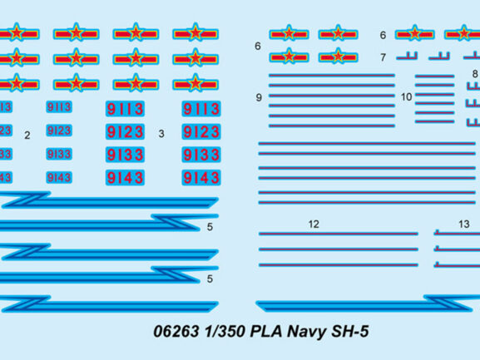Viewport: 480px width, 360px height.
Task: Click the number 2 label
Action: [27, 136]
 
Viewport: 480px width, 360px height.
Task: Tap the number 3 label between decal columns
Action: [161, 134]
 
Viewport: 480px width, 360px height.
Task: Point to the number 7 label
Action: [383, 57]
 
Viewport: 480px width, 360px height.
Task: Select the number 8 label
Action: [475, 74]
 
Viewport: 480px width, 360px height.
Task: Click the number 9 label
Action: [259, 97]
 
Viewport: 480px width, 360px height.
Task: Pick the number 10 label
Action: [407, 97]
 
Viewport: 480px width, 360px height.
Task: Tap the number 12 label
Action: [314, 224]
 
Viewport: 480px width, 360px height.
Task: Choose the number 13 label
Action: [464, 224]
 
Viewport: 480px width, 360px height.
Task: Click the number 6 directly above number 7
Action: [383, 35]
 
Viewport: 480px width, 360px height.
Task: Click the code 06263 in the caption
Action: [176, 332]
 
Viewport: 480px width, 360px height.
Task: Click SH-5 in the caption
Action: [350, 332]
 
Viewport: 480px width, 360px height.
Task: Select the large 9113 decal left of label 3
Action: [125, 109]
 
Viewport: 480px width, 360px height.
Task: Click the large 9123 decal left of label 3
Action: [125, 132]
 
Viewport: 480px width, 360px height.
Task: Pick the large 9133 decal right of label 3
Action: [201, 155]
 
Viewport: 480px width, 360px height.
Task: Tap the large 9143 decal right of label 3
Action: [201, 178]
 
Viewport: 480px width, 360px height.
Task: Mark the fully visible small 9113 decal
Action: [59, 107]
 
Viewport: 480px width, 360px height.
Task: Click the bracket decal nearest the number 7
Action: [407, 56]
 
